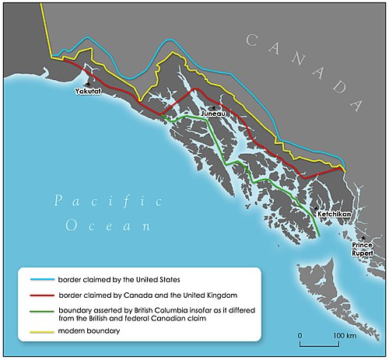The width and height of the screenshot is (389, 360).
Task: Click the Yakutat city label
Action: coord(88,92)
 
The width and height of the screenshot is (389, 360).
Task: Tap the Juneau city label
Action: coord(214,114)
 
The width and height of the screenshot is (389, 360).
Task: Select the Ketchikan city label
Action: coord(335,213)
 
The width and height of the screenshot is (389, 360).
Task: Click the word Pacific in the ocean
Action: coord(108,202)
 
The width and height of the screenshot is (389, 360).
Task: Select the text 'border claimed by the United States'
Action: coord(119,278)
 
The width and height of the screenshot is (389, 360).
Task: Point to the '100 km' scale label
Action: coord(346,335)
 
